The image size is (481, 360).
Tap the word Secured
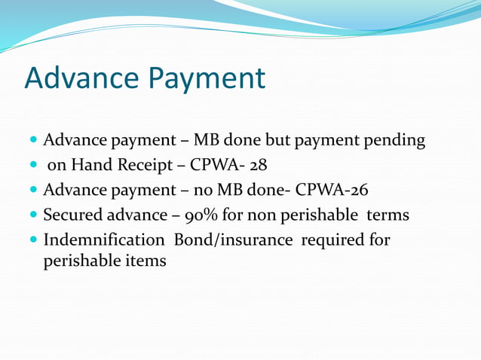point(73,215)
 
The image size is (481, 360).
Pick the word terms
point(388,215)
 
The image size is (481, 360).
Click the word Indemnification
point(105,240)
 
